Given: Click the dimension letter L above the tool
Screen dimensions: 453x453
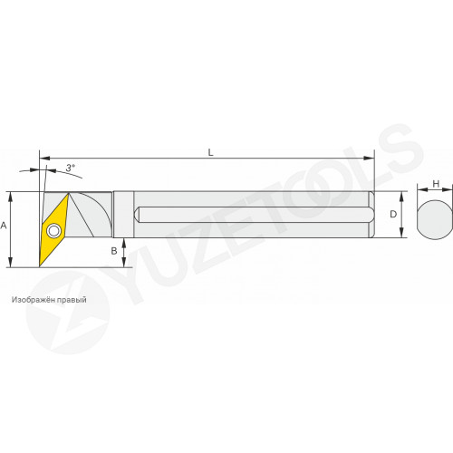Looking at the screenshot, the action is click(211, 152).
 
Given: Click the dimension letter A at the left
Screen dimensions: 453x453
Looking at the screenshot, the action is click(4, 226).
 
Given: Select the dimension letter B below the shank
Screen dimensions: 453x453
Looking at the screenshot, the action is click(114, 251).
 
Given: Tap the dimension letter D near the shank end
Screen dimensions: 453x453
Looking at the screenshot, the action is click(393, 214).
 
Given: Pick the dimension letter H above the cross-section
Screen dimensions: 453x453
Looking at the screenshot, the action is click(436, 184).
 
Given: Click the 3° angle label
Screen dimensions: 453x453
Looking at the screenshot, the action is click(71, 168).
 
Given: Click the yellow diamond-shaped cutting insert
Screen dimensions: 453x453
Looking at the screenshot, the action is click(53, 230).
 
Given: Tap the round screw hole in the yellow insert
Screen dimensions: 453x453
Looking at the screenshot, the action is click(53, 231).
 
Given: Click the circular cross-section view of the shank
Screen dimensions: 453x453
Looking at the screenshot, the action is click(435, 219).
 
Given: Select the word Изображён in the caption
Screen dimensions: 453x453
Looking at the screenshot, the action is click(34, 300).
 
